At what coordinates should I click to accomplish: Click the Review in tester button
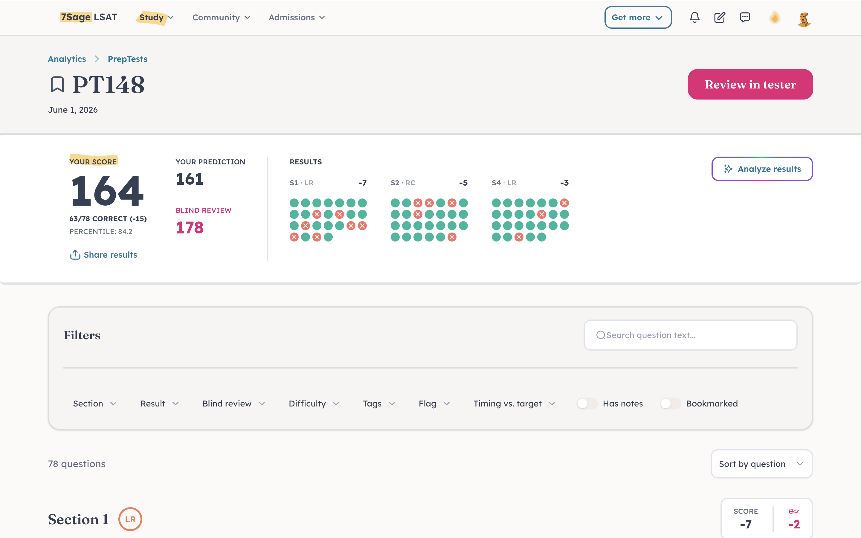(750, 84)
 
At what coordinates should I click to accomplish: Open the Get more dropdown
(638, 17)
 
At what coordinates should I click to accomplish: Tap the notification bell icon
(694, 17)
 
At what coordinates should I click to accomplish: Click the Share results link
(103, 255)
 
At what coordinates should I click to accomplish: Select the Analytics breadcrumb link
(67, 59)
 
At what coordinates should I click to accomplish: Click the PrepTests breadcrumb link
(127, 59)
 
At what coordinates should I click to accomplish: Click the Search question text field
(690, 335)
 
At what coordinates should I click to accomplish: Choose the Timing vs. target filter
(514, 403)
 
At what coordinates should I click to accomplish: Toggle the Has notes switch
(587, 403)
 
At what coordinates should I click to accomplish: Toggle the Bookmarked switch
(670, 403)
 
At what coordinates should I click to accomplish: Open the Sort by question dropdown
(761, 464)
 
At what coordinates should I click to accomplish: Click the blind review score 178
(190, 228)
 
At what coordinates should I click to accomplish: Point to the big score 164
(107, 191)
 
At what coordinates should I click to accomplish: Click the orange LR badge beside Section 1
(130, 519)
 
